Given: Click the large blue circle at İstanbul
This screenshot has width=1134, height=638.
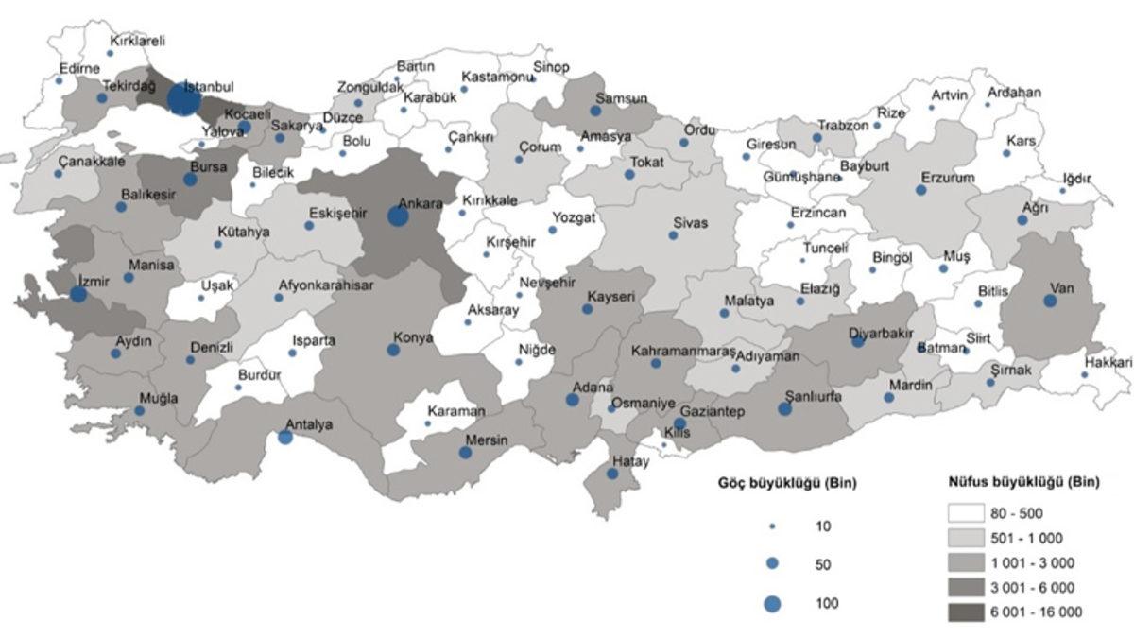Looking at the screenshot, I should (x=183, y=98).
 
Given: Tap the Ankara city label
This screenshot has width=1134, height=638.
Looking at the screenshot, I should (x=421, y=202).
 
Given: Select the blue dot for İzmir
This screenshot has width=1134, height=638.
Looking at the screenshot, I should (x=78, y=294).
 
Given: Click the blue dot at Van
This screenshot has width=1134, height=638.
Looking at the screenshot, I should (x=1050, y=301).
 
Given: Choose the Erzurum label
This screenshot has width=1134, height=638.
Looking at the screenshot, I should (x=948, y=177).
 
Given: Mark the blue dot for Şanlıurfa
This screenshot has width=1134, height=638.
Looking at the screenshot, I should (x=785, y=409).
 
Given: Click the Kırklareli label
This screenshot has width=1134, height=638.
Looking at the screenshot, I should (x=138, y=41).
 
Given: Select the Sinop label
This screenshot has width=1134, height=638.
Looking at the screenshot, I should (x=552, y=67).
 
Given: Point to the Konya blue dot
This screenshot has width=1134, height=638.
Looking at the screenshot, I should (x=393, y=350).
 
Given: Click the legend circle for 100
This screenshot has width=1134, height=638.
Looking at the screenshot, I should (x=773, y=603).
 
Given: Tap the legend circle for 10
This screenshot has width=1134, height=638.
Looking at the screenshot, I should (x=773, y=526).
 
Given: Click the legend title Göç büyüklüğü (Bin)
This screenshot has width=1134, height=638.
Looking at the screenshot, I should (x=785, y=483).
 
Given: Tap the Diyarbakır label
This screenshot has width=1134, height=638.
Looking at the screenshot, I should (x=882, y=332).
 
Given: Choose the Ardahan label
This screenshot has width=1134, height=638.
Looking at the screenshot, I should (x=1014, y=93).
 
